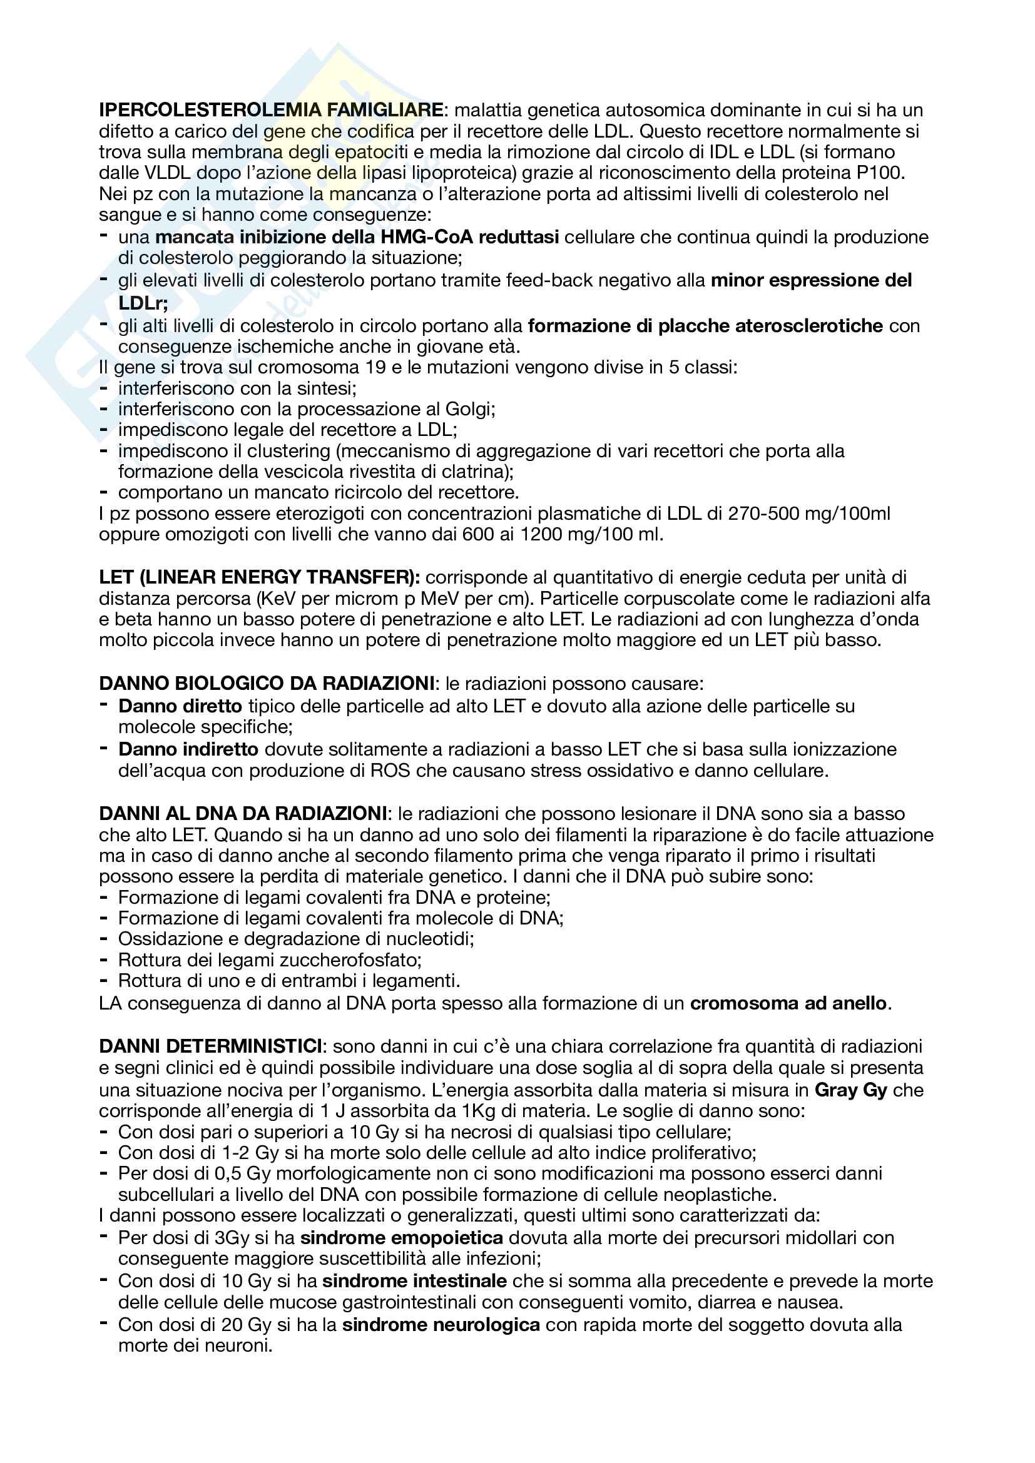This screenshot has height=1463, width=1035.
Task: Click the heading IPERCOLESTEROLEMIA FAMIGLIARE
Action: coord(271,110)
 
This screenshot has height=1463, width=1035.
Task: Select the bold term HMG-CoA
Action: coord(426,237)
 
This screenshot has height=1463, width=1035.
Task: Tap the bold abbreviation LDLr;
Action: coord(143,303)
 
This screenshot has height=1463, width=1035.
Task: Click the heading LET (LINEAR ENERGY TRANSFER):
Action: coord(260,577)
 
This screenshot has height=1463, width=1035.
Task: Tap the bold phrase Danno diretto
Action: coord(180,706)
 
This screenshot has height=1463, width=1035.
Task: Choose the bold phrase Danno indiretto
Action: coord(188,749)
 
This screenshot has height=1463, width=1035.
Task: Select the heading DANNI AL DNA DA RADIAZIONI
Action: coord(243,814)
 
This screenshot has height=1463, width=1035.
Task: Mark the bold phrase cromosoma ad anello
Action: coord(788,1003)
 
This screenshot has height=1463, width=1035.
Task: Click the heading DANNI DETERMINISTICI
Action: coord(210,1046)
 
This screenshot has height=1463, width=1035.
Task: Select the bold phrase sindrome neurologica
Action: coord(441,1325)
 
